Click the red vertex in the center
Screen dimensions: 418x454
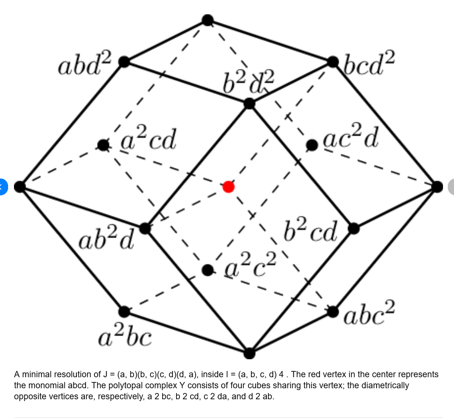coord(228,187)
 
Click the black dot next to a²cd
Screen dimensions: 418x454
coord(103,145)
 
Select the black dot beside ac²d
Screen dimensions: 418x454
coord(312,145)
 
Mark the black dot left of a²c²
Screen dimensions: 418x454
coord(208,270)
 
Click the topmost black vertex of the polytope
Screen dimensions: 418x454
coord(208,20)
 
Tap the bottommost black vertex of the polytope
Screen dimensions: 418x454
coord(249,353)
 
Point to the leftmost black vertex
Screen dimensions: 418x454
coord(20,187)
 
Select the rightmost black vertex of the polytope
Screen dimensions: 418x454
coord(437,187)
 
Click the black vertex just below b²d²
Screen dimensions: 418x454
coord(249,104)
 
